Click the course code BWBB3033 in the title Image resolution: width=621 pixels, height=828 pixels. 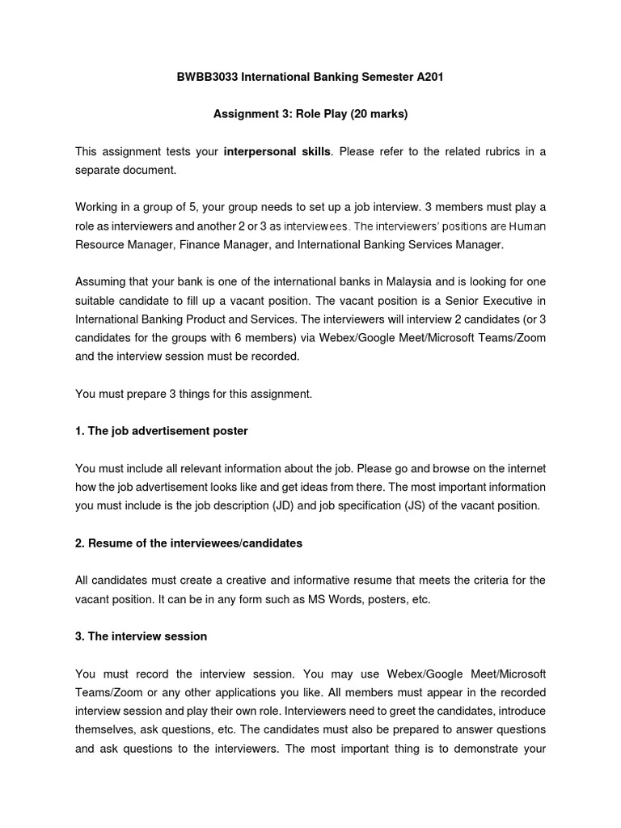click(x=206, y=77)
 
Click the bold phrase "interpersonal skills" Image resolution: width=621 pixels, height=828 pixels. click(x=277, y=152)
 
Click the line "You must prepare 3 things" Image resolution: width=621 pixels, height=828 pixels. click(x=192, y=394)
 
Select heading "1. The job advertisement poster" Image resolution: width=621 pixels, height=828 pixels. click(x=162, y=431)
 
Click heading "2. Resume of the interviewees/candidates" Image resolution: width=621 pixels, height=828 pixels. click(x=188, y=543)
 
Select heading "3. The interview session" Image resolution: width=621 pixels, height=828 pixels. click(x=142, y=636)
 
